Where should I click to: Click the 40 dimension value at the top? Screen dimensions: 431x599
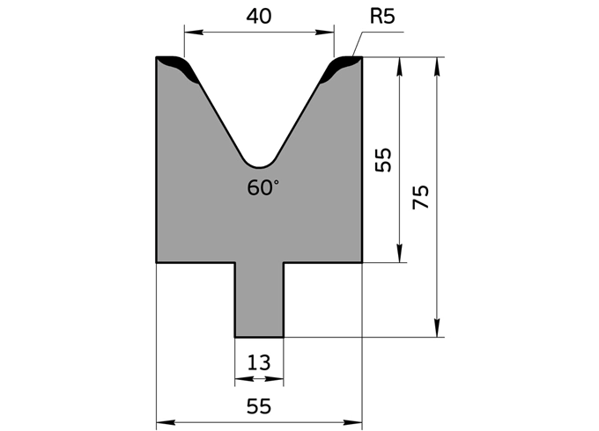tap(259, 16)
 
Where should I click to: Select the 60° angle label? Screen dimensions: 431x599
tap(263, 187)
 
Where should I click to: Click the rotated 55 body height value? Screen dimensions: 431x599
tap(383, 159)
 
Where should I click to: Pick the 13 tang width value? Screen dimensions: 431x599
tap(259, 362)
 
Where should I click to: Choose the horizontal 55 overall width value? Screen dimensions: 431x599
tap(259, 405)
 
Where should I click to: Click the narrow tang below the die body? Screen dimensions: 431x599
tap(259, 299)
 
